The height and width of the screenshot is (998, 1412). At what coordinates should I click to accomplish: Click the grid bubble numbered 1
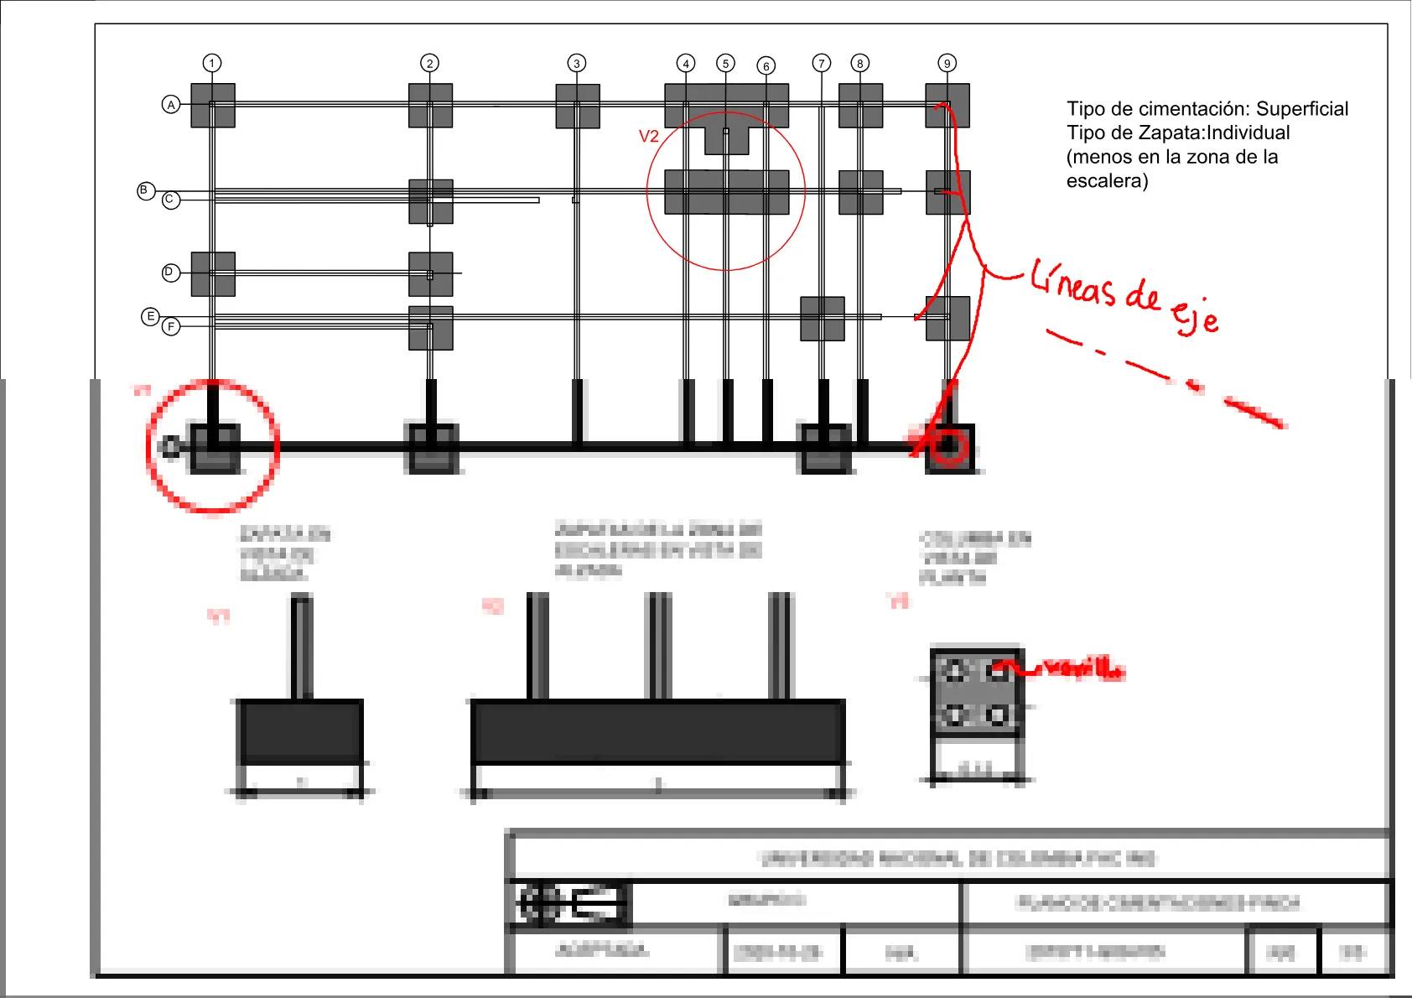click(212, 63)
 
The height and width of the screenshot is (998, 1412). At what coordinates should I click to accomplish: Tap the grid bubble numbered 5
click(725, 63)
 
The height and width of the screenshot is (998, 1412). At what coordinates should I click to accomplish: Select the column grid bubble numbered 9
click(947, 63)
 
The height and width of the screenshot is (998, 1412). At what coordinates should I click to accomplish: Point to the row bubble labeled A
click(171, 105)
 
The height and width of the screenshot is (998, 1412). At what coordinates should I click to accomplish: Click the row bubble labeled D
click(170, 273)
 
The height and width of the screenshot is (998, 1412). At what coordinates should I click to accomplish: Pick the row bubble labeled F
click(171, 326)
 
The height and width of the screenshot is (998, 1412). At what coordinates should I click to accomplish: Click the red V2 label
click(648, 137)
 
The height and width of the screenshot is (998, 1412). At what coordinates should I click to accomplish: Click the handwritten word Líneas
click(1072, 283)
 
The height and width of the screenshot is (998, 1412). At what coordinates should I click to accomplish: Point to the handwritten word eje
click(1194, 316)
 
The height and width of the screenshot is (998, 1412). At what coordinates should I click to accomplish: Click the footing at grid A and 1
click(212, 106)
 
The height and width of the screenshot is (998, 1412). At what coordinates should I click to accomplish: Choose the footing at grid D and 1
click(212, 274)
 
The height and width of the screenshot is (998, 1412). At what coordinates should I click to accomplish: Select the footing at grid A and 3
click(577, 107)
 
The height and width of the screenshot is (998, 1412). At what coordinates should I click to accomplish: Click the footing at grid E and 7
click(822, 319)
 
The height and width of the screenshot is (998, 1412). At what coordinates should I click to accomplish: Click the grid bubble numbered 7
click(821, 63)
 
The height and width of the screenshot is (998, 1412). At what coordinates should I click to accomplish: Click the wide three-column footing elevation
click(657, 730)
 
